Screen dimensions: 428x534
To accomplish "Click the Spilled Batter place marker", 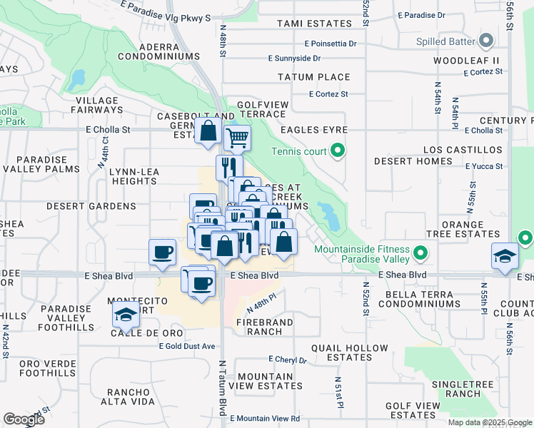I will point(487,39).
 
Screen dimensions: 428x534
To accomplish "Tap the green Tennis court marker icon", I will point(338,151).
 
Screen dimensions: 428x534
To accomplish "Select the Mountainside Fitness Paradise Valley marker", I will point(420,253).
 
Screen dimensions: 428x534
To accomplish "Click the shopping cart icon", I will point(237,137).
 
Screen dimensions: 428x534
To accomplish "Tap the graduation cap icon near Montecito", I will point(126,315).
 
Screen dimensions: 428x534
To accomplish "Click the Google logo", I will point(24,419).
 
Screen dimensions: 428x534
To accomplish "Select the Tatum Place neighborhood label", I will point(313,77).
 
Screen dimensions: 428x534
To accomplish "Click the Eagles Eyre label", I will point(313,130).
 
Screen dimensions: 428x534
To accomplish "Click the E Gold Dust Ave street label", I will point(186,346).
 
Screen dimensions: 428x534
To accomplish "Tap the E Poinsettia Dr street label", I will point(329,44).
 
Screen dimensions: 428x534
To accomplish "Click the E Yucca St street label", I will point(484,166).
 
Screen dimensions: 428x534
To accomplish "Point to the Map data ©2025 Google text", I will point(490,422).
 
